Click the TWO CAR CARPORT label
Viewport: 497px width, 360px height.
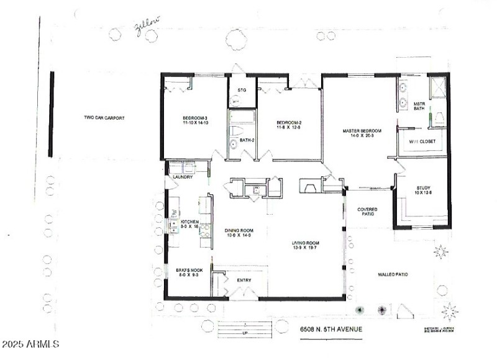[x=101, y=117]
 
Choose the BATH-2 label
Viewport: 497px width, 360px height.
[x=247, y=141]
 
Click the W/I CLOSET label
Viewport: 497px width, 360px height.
[x=422, y=142]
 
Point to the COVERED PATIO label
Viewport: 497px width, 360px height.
[x=367, y=213]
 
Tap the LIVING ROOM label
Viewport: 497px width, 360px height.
[x=306, y=245]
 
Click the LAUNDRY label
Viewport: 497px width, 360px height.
[x=183, y=178]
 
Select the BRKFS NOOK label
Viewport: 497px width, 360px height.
[x=187, y=273]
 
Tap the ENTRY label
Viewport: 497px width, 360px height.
[x=245, y=281]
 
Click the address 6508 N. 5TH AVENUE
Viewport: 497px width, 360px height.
[x=331, y=329]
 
